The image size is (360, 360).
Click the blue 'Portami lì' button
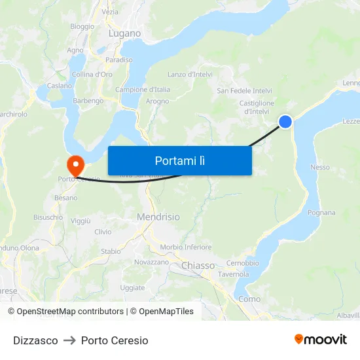coord(179,160)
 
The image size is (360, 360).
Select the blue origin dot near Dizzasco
coord(285,121)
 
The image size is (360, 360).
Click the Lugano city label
coord(124,33)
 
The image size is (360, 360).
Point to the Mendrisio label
coord(158,217)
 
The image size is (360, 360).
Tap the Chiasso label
coord(198,265)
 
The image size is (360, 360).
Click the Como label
coord(249,298)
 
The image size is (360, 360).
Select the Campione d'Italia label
coord(143,90)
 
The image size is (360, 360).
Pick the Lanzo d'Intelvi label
coord(190,75)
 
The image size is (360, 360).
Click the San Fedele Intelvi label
coord(244,90)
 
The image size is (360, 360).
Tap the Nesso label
coord(320,168)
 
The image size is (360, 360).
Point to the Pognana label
coord(321,213)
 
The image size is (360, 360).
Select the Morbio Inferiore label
coord(186,247)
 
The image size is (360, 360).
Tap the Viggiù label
coord(81,221)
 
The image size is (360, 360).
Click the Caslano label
coord(59,86)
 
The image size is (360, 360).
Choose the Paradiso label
coord(118,60)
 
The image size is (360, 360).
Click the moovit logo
coord(320,340)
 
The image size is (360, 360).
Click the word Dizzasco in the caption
coord(35,340)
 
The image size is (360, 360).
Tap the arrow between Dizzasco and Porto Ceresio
coord(69,340)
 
